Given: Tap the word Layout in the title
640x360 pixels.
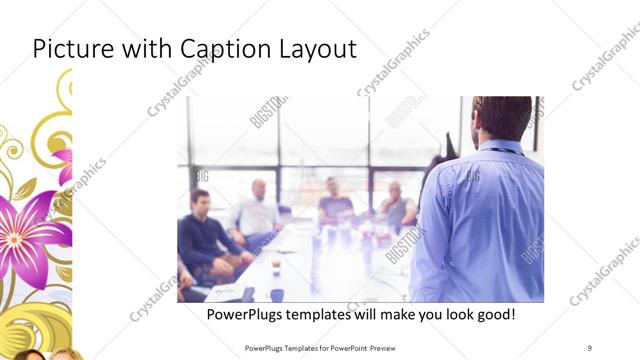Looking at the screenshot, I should click(319, 49).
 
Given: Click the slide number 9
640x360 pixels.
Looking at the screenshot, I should click(590, 346).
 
